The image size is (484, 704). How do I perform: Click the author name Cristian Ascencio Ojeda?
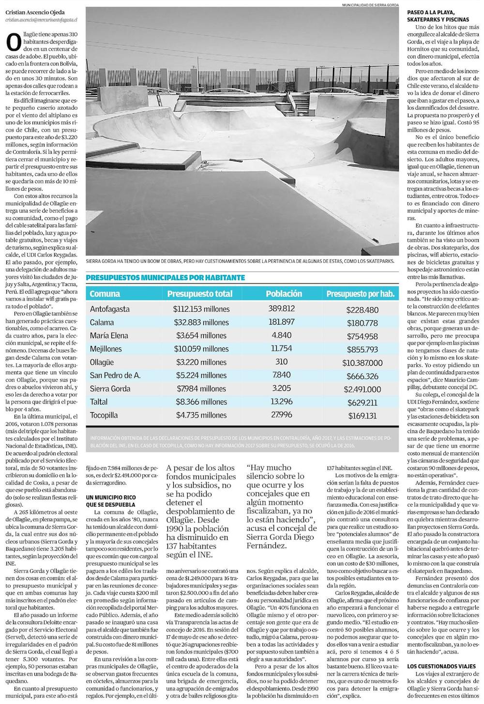click(39, 12)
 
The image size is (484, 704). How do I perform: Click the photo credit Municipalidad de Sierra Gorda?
click(367, 5)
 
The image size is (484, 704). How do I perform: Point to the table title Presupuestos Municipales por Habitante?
click(165, 278)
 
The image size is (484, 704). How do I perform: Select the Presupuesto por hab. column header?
click(360, 294)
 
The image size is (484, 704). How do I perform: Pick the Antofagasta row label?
click(110, 309)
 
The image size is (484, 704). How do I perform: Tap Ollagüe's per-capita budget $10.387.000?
click(362, 362)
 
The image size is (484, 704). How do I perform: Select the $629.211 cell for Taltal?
click(362, 402)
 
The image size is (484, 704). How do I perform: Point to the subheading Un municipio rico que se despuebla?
click(111, 500)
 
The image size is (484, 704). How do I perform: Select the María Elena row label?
click(109, 336)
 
